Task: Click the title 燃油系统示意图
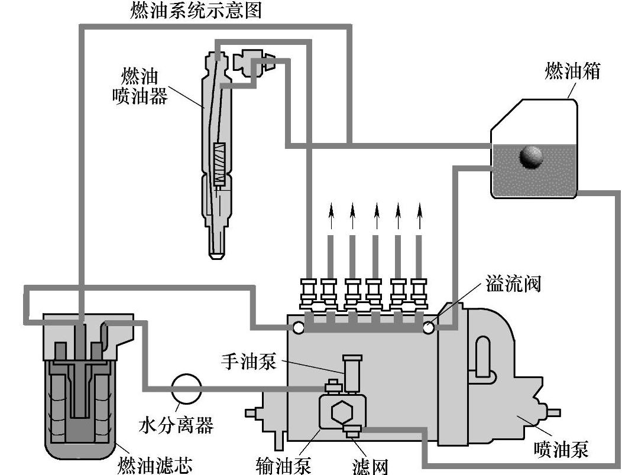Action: pos(196,11)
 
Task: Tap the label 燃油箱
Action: pos(572,71)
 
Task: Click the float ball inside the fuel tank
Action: pos(531,157)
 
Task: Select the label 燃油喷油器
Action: pos(140,86)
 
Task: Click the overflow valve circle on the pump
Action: pos(429,328)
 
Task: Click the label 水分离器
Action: pos(177,425)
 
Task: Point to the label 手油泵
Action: pos(249,361)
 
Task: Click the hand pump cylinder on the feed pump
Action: pos(352,373)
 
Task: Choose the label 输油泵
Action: pos(283,465)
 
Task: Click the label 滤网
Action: pos(370,466)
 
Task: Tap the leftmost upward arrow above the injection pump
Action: pos(331,216)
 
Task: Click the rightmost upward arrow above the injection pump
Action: pos(420,216)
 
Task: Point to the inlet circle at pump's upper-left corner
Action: pos(299,327)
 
